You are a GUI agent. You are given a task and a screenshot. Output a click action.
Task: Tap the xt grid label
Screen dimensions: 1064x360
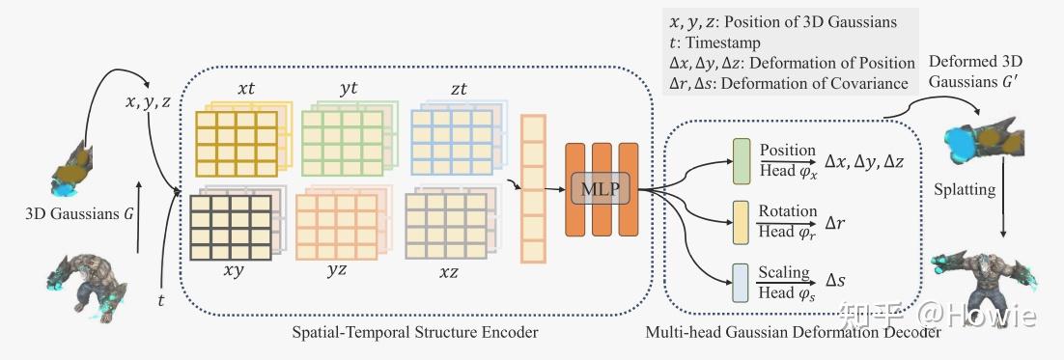pos(245,90)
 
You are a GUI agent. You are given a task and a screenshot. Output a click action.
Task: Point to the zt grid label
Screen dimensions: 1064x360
pos(460,89)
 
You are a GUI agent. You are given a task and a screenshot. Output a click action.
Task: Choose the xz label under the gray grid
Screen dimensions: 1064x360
pos(448,272)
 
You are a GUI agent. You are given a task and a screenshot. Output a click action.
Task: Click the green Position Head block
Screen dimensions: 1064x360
pos(742,160)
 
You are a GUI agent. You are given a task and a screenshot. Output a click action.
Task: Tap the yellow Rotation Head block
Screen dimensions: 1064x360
pos(741,222)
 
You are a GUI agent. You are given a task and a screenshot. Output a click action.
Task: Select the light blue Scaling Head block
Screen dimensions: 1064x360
pos(741,283)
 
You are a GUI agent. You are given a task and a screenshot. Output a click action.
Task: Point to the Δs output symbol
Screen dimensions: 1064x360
pos(835,279)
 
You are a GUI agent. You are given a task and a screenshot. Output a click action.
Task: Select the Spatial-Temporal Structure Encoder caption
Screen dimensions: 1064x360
pos(414,333)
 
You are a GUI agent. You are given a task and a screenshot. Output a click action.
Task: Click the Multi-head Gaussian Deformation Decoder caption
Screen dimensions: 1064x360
pos(794,333)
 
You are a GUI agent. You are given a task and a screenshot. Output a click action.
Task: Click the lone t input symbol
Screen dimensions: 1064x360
pos(161,300)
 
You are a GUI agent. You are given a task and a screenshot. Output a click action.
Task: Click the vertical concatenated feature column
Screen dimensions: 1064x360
pos(533,189)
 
